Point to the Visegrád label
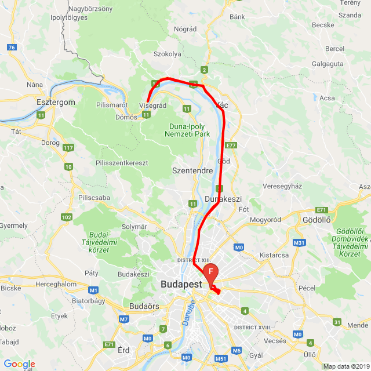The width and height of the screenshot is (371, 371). click(x=153, y=106)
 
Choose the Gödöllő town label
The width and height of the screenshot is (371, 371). click(x=317, y=220)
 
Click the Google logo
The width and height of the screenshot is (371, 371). click(x=19, y=364)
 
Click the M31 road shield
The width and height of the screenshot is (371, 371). click(x=299, y=242)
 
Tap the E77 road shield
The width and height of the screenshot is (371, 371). click(x=232, y=145)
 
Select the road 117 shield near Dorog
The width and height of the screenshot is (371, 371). click(x=68, y=148)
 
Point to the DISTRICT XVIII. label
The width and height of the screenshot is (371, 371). click(x=253, y=328)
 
